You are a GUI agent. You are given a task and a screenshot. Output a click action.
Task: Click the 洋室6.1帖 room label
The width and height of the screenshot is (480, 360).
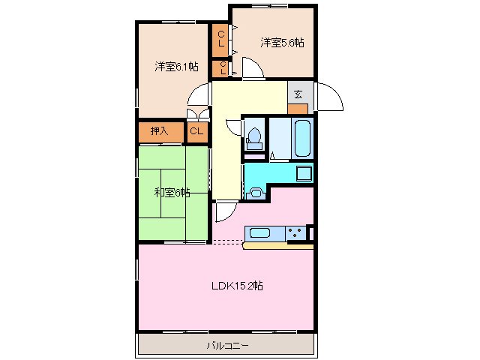pos(177,66)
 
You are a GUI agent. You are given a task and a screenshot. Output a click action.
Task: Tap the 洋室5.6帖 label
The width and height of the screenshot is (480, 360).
pos(283,42)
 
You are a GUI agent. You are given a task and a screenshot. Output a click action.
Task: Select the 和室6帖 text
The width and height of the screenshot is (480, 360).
pos(172,193)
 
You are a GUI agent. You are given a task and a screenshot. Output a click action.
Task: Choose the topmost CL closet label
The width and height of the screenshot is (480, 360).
pos(221,38)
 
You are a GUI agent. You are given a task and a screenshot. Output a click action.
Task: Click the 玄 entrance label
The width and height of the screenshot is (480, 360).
pos(298,94)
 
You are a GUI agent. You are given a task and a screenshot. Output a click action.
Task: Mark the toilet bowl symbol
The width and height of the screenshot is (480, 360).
pos(254,139)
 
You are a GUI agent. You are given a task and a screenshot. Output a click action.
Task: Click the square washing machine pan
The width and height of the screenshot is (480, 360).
pos(304,174)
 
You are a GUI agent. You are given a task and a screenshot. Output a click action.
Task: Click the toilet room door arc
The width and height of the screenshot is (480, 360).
pos(232,127)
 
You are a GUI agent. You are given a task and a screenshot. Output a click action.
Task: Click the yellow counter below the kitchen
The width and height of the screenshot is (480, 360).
pos(277,245)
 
